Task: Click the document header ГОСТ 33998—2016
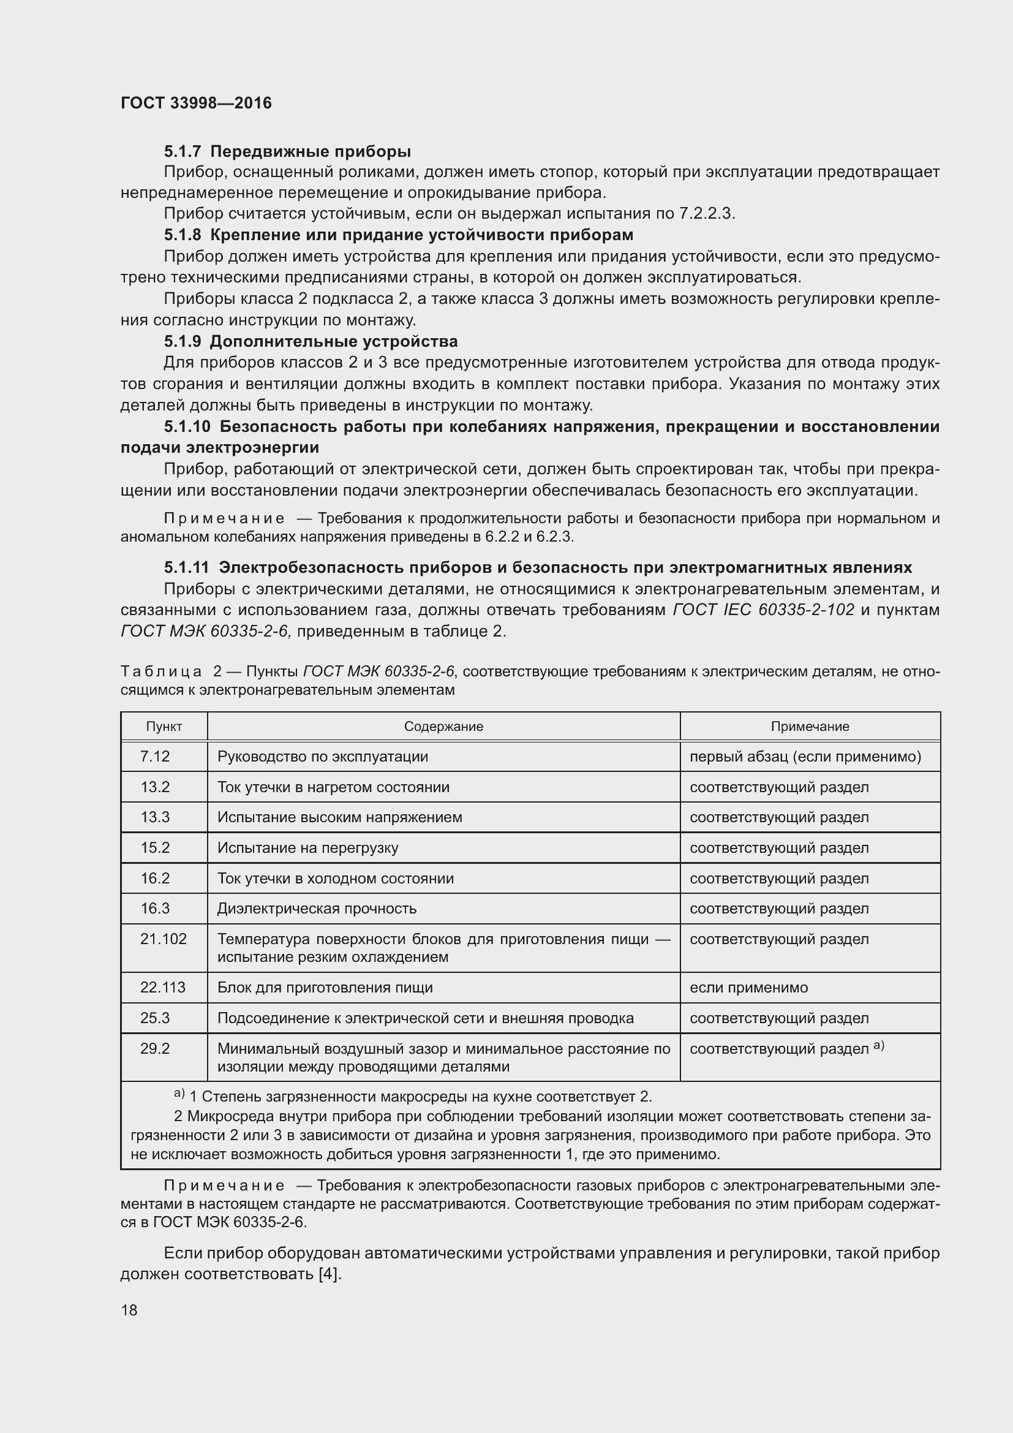(196, 103)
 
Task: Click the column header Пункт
(164, 727)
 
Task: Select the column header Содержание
(443, 727)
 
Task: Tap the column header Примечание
(810, 727)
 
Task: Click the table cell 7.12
(155, 757)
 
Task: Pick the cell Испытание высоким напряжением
(339, 817)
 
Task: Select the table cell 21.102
(163, 939)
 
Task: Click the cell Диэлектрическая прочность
(316, 908)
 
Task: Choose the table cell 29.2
(155, 1048)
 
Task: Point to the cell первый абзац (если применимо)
(805, 757)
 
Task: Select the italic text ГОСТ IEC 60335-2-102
(764, 610)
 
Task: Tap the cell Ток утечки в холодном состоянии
(335, 878)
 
